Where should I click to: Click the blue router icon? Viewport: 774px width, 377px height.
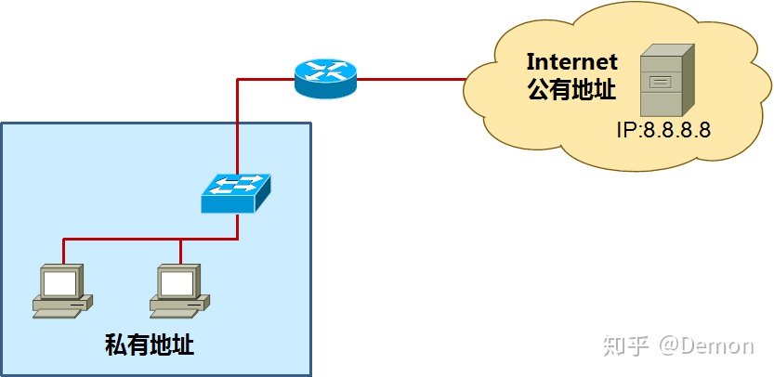pos(325,78)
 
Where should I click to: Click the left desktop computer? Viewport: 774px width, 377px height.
pos(61,290)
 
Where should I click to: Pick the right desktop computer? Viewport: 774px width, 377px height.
pos(179,290)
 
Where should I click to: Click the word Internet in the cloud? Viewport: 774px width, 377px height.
pos(571,62)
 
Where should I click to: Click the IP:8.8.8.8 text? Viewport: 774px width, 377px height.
pos(662,129)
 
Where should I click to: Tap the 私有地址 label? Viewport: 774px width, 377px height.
pos(150,345)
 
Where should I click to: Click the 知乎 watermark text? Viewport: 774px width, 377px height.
pos(625,345)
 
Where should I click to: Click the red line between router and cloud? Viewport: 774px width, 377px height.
pos(409,79)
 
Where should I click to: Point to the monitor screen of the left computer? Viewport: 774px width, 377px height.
pos(59,281)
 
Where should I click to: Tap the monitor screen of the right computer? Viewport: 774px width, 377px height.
pos(177,281)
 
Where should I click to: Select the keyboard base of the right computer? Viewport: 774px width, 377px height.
pos(177,305)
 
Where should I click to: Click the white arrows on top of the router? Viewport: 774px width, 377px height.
pos(325,70)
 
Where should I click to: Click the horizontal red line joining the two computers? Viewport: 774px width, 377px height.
pos(121,239)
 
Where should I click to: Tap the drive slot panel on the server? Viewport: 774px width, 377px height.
pos(660,82)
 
